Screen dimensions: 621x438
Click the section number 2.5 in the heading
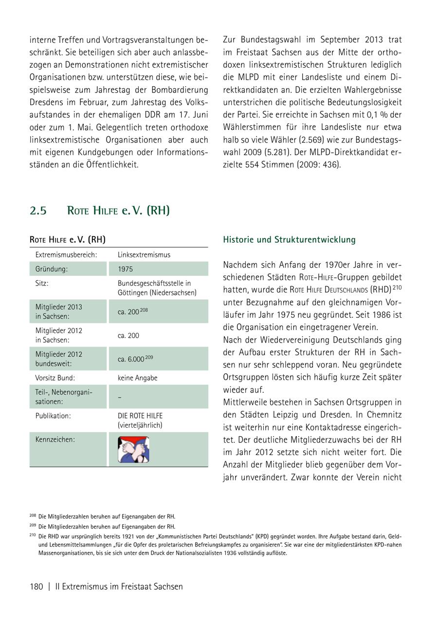coord(38,211)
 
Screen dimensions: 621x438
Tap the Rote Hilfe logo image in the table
coord(133,449)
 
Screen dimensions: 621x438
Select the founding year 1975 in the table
coord(125,269)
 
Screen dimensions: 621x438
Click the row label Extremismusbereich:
coord(66,255)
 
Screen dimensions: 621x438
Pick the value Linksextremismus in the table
coord(144,255)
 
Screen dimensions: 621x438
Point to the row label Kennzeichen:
coord(55,439)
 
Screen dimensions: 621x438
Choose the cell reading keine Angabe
coord(138,378)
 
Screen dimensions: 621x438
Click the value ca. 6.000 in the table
coord(131,359)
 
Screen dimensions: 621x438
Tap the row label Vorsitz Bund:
coord(55,378)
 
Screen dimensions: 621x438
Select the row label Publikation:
coord(53,416)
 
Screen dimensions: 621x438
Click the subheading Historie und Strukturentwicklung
coord(289,240)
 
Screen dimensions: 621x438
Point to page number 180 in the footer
coord(36,586)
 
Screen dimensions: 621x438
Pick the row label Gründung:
coord(52,269)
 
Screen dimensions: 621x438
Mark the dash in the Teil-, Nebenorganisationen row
coord(120,397)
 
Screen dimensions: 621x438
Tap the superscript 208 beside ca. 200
coord(144,310)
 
